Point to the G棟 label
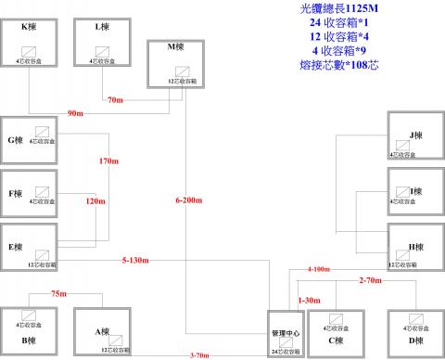[x=15, y=140]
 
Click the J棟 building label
[x=416, y=135]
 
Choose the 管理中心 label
[x=286, y=332]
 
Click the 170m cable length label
[x=109, y=161]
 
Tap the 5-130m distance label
[x=136, y=261]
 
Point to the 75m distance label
[x=58, y=293]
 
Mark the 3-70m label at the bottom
[x=197, y=354]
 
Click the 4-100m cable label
[x=319, y=270]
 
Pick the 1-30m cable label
[x=309, y=301]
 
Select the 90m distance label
[x=76, y=113]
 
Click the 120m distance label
[x=96, y=200]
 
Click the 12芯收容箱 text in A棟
[x=117, y=350]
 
